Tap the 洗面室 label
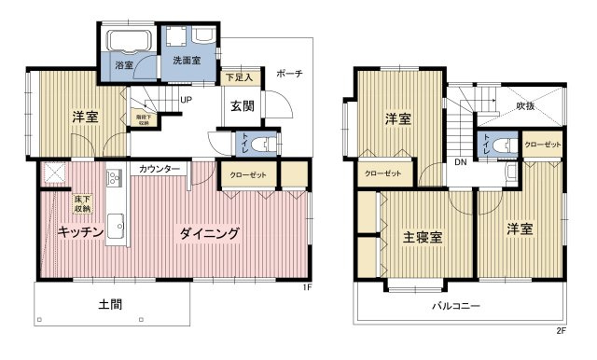click(186, 61)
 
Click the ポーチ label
click(288, 74)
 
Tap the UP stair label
click(186, 100)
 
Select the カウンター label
click(160, 169)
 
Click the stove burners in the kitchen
click(114, 178)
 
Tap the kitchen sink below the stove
click(115, 225)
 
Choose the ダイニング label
click(210, 233)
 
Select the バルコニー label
click(455, 305)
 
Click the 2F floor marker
click(560, 330)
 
